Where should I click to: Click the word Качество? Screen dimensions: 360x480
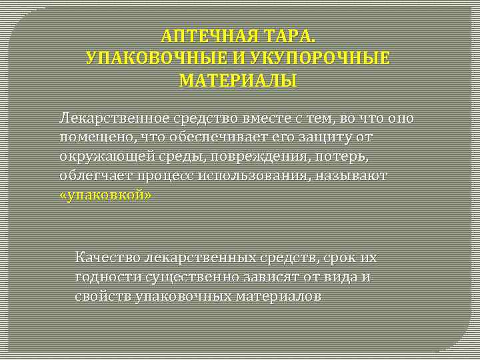pyautogui.click(x=107, y=257)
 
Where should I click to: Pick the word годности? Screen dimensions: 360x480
pyautogui.click(x=107, y=277)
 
